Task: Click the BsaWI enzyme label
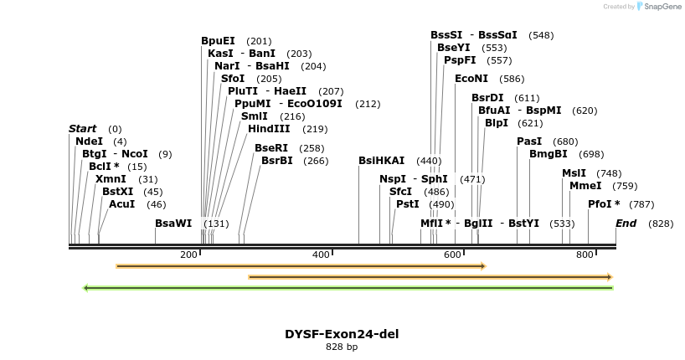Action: [x=173, y=224]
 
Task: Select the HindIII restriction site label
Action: [x=269, y=129]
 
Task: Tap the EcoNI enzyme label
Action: [x=471, y=79]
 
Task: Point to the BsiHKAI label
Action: [x=381, y=161]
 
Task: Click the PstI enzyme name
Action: [x=408, y=204]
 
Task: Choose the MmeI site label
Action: [x=585, y=186]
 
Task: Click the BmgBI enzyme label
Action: [x=548, y=154]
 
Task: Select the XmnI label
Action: [x=111, y=179]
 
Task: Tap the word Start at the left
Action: [x=82, y=129]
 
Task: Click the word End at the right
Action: [x=626, y=224]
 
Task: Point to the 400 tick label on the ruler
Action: [x=322, y=255]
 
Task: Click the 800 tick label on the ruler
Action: [x=585, y=255]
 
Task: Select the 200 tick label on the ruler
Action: [x=189, y=255]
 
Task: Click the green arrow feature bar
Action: [x=348, y=288]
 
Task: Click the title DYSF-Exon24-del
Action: [x=342, y=334]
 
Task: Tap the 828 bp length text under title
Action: [x=342, y=347]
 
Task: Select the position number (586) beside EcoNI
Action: [x=512, y=80]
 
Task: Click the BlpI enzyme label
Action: [x=497, y=123]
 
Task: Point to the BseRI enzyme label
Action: [x=271, y=148]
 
